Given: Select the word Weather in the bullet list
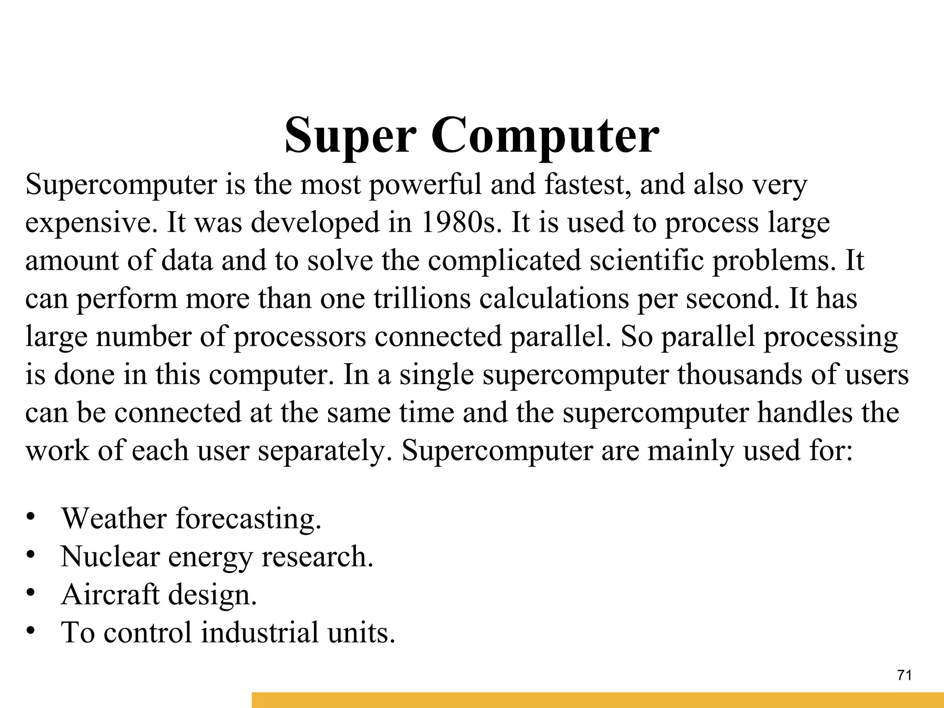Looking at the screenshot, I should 113,518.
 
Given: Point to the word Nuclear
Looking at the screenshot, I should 110,556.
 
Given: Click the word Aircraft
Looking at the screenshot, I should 110,594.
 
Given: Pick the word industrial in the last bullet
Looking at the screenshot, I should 260,632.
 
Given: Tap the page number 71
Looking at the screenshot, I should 905,676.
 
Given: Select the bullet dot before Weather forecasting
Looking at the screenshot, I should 30,516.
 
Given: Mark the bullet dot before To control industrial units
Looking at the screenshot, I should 30,630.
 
